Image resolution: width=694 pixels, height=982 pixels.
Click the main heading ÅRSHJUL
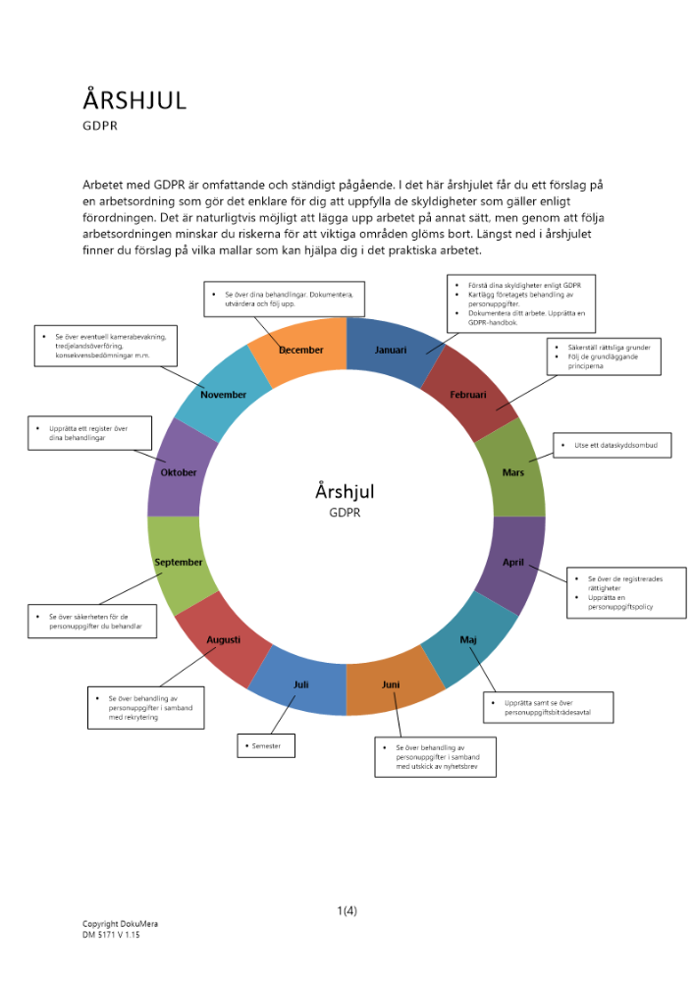(x=133, y=100)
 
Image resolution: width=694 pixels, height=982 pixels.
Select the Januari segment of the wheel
(x=391, y=350)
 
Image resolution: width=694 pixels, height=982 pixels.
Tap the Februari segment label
(x=468, y=395)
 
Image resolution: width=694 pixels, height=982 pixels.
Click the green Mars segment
(x=512, y=472)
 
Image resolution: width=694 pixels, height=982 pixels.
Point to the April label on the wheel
(x=513, y=563)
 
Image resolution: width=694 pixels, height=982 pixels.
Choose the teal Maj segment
(x=468, y=640)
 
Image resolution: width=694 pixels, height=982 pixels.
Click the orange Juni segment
(x=390, y=684)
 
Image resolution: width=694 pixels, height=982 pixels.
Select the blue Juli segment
(x=301, y=684)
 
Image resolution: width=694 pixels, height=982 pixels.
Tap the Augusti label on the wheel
(x=224, y=640)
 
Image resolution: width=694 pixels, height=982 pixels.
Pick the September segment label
(x=179, y=563)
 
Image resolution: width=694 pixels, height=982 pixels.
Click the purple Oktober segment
(x=179, y=472)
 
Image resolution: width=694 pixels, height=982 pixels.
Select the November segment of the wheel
(x=223, y=395)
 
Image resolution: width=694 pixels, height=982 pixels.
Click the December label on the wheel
(x=300, y=350)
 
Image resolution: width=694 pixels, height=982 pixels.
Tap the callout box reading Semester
(x=266, y=746)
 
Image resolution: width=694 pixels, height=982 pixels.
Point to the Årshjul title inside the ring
(x=346, y=491)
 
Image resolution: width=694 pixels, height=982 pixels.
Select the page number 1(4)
(x=347, y=910)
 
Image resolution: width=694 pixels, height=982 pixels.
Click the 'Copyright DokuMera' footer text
(x=120, y=924)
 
